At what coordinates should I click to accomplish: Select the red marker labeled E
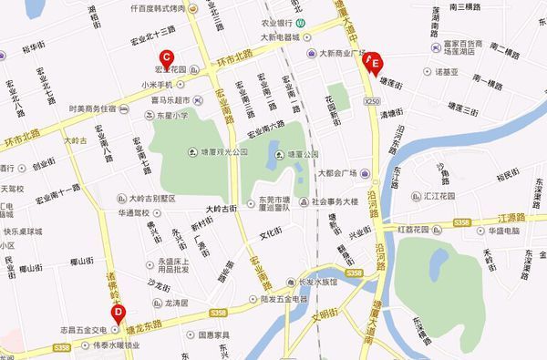coord(372,63)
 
